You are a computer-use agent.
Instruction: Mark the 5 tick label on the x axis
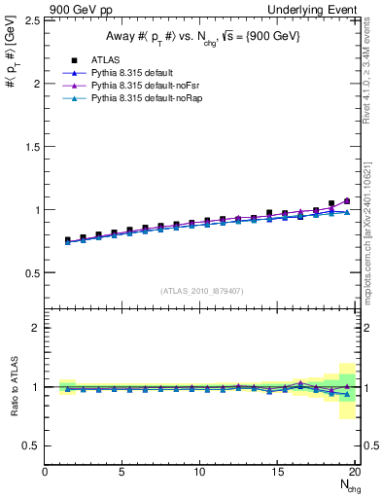(122, 473)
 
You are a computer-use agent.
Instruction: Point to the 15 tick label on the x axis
(279, 473)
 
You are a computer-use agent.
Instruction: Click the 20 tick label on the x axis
(356, 473)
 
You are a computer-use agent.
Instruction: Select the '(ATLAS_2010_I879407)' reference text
(202, 290)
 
